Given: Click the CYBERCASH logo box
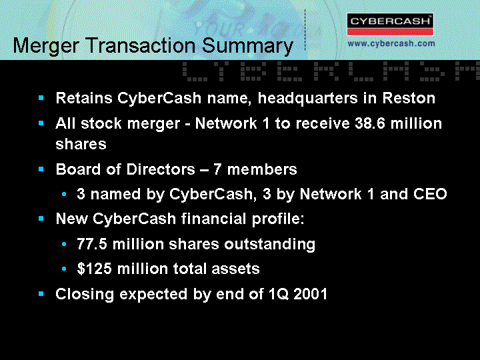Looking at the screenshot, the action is tap(390, 25).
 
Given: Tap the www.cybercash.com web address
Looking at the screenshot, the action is tap(391, 43).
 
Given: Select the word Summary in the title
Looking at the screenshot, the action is tap(247, 46).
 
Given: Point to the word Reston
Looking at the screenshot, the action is tap(409, 98).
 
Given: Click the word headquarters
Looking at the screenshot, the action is tap(307, 99).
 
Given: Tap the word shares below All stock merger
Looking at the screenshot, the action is tap(81, 144).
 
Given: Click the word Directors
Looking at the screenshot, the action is tap(161, 169).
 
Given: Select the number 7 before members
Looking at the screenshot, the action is tap(217, 169).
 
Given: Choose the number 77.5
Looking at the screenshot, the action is tap(92, 244).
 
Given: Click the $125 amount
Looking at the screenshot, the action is tap(94, 269).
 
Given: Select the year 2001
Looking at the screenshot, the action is tap(311, 294).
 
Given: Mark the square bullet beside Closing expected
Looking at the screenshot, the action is tap(41, 294).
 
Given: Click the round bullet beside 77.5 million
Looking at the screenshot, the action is tap(64, 244).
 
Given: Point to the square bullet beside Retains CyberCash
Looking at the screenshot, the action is tap(41, 98).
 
